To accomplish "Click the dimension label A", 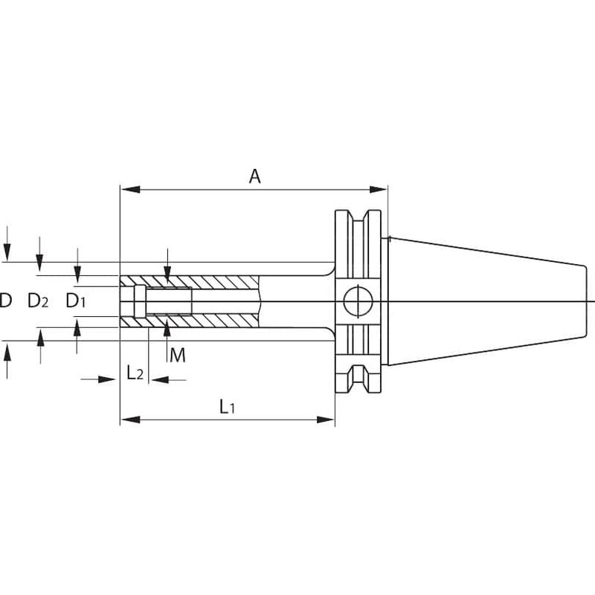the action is (254, 176).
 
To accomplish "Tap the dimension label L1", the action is (228, 407).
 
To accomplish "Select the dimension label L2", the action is (135, 373).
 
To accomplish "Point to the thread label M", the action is (178, 356).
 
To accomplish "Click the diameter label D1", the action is (76, 300).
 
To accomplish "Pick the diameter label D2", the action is (38, 300).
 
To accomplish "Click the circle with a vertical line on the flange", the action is (358, 301).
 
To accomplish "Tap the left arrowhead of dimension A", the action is (130, 190).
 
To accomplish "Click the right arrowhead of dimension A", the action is (378, 190).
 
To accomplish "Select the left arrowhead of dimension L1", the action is (130, 419).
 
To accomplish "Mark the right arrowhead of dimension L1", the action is (326, 419).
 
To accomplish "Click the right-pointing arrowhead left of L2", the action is (107, 379).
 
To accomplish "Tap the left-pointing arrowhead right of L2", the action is (158, 379).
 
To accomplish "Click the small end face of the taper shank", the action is (585, 301).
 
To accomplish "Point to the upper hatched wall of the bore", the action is (189, 281).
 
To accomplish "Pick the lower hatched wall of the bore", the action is (189, 321).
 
